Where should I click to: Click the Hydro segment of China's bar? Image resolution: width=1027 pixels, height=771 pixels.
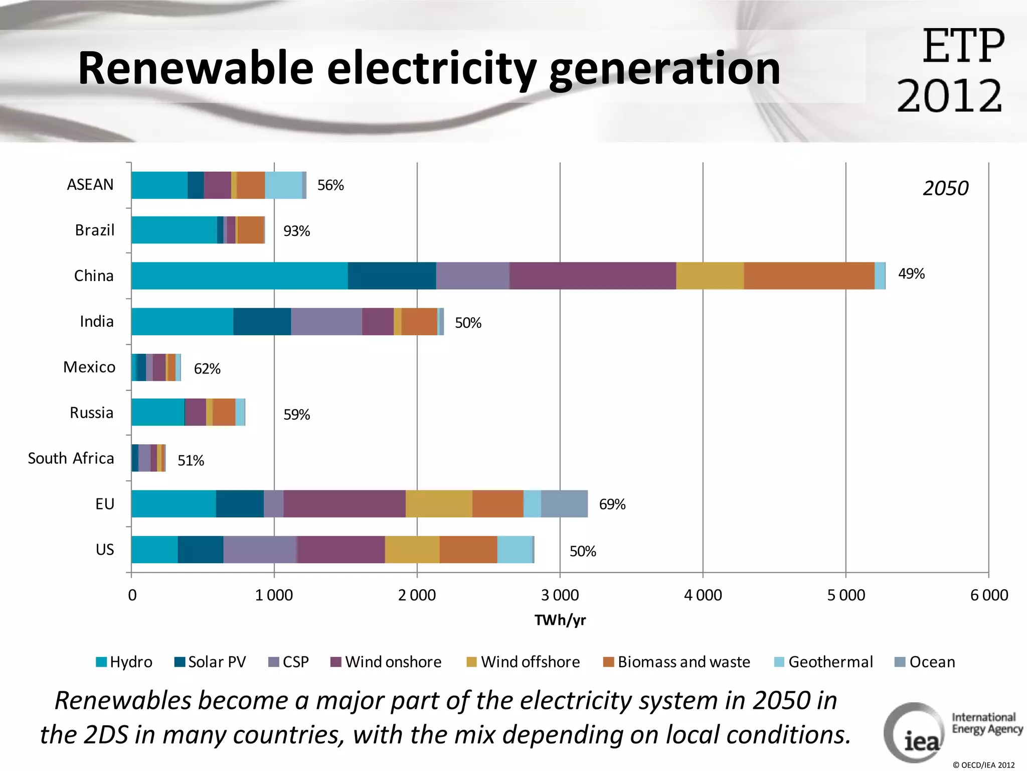[x=239, y=276]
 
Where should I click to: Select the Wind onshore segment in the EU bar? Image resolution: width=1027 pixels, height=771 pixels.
[x=344, y=503]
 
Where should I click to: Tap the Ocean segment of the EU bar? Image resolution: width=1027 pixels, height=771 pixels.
[x=564, y=503]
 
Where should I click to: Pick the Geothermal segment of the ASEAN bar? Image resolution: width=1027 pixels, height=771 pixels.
[x=283, y=185]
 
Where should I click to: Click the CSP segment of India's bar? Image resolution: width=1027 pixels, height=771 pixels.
[x=326, y=321]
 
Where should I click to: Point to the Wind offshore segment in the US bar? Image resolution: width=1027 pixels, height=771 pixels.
[x=412, y=549]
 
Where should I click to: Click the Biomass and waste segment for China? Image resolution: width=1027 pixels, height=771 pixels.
[x=809, y=276]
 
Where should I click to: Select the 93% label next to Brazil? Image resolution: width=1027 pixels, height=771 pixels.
[x=296, y=231]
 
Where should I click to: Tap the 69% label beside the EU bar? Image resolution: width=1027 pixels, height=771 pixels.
[x=612, y=504]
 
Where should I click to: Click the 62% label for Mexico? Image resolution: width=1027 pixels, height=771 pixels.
[x=207, y=368]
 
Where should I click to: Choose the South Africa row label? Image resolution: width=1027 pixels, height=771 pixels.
[x=71, y=458]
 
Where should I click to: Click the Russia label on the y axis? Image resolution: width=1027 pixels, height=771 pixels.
[x=91, y=413]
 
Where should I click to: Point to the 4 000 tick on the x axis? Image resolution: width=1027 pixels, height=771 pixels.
[x=703, y=595]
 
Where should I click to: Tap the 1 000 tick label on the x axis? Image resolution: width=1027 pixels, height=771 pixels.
[x=274, y=595]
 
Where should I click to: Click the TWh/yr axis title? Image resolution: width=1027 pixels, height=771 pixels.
[x=560, y=620]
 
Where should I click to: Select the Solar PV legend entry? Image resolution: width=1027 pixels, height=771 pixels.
[x=211, y=662]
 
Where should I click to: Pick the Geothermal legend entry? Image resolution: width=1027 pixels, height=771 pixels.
[x=824, y=662]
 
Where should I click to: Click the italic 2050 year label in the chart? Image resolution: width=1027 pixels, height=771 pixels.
[x=945, y=188]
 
